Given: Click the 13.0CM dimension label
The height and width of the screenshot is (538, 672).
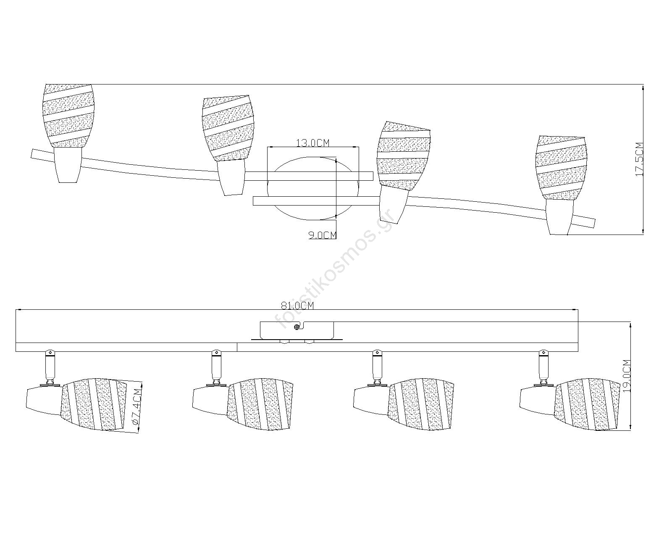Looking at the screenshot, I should (x=313, y=143).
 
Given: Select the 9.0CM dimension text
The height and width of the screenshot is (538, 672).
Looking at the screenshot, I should (x=323, y=235).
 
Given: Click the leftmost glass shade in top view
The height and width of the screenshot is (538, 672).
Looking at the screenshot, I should (x=68, y=116).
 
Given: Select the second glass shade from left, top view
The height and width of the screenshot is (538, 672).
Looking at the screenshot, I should (x=228, y=128).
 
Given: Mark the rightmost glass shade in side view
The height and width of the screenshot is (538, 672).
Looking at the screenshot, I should (x=588, y=405).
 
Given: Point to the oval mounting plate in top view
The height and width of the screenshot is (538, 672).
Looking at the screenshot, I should (x=313, y=188).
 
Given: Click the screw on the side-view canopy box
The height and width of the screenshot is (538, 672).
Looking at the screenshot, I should (x=297, y=327).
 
